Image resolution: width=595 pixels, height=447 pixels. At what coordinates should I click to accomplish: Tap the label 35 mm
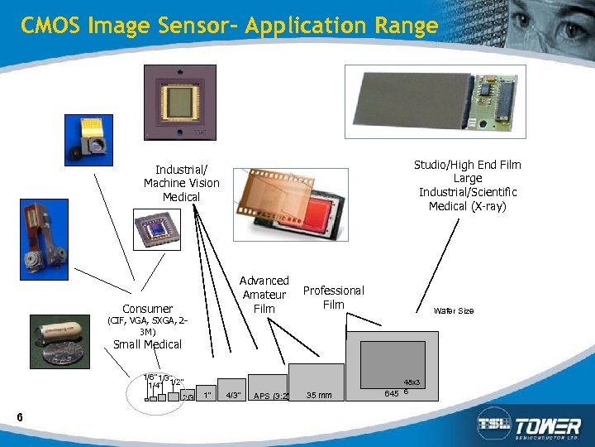point(318,396)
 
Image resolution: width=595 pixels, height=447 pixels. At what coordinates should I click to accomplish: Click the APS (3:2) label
point(269,396)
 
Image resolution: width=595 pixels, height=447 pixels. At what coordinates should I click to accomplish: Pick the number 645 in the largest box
point(392,392)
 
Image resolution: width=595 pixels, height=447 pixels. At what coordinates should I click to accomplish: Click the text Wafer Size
point(454,311)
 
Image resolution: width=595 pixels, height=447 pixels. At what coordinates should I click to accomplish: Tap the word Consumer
point(147,309)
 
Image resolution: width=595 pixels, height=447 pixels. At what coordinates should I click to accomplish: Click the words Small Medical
point(147,344)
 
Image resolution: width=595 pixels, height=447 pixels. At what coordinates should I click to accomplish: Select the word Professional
point(333,291)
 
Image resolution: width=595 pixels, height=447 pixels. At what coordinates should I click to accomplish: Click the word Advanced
point(264,281)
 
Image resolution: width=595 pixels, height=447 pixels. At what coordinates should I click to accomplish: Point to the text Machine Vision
point(182,183)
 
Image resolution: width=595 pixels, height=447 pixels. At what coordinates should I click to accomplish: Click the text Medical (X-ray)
point(467,206)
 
